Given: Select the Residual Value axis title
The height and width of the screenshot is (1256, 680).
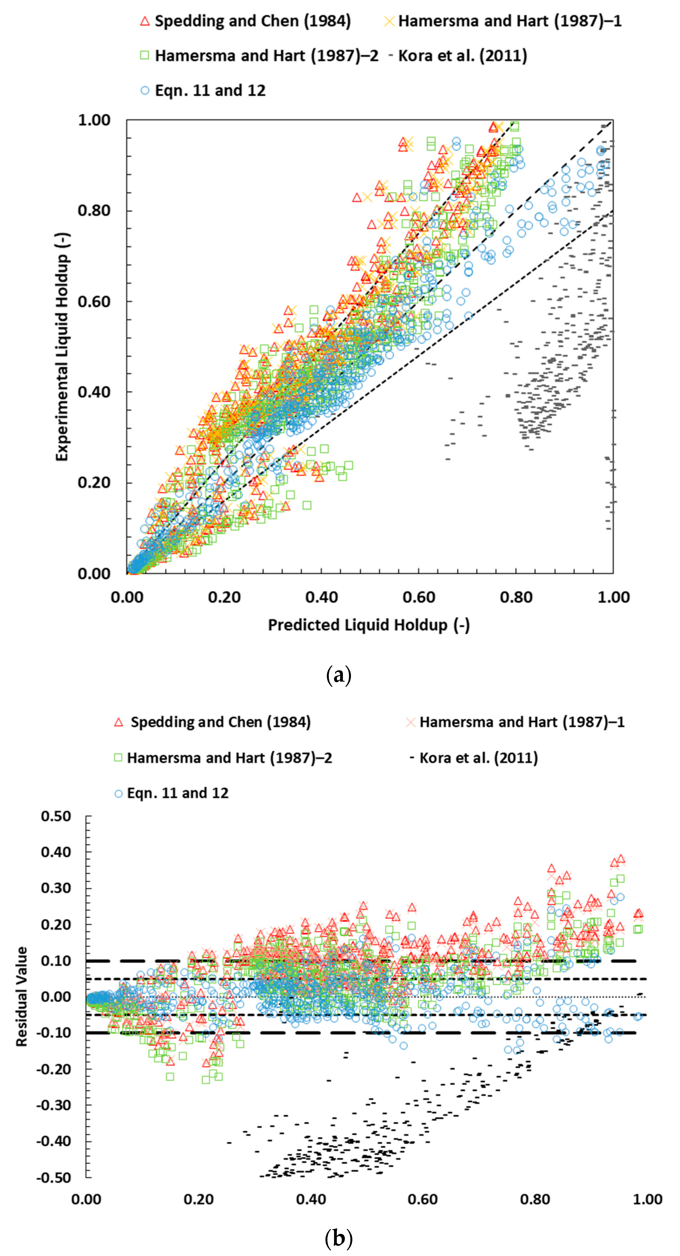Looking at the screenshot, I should click(22, 996).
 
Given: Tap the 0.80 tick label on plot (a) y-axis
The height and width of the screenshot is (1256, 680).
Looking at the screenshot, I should click(94, 211).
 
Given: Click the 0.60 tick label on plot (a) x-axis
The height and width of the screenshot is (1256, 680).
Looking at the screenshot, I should click(419, 597).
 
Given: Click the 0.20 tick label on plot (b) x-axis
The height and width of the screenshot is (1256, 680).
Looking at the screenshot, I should click(199, 1199).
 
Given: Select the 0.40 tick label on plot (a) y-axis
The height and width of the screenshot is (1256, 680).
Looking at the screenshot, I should click(94, 392).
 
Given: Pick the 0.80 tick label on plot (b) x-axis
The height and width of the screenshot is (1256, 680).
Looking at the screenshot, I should click(535, 1199).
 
